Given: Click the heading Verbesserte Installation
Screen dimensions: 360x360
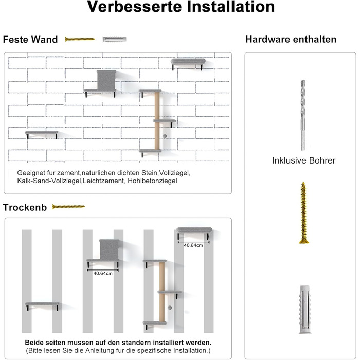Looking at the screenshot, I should (x=180, y=8).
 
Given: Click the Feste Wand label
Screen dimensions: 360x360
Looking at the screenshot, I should (x=30, y=40).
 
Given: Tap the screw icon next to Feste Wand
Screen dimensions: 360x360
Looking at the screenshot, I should (x=80, y=39).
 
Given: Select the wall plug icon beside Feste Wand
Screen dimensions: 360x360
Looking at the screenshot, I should (x=114, y=39).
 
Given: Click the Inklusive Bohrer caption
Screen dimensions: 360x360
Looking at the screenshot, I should (x=303, y=161).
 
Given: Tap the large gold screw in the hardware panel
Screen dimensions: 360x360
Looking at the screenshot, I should (x=303, y=212).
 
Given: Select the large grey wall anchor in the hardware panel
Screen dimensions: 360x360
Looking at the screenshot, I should (x=303, y=307).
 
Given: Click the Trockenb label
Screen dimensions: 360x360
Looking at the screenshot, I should (x=25, y=207).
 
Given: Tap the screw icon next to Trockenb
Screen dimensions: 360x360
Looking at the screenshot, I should (x=68, y=207).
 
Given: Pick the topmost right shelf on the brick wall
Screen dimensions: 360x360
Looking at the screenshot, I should (x=188, y=63).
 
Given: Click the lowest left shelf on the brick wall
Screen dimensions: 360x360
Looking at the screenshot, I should (x=41, y=134).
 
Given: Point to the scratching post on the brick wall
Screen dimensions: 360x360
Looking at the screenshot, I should (x=157, y=121).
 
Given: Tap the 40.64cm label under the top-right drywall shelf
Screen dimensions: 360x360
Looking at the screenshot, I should (x=193, y=245).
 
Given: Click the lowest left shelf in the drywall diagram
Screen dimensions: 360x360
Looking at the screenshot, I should (x=41, y=304).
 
